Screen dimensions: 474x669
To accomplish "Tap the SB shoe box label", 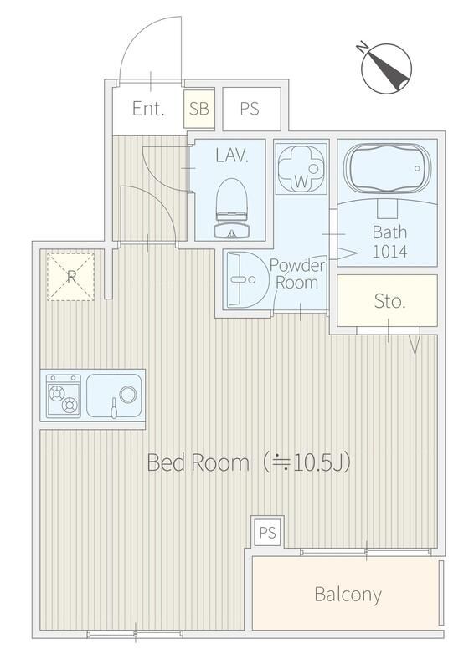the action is [x=199, y=109].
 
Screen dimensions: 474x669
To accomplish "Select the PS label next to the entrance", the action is [x=250, y=109].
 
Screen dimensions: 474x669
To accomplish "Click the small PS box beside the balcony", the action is [x=267, y=533].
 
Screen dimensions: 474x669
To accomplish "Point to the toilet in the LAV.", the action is [x=232, y=207].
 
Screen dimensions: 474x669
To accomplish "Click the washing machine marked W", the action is [x=301, y=169].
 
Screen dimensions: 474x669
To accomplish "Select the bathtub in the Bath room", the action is [x=387, y=169].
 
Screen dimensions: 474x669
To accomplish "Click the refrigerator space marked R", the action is [x=70, y=277].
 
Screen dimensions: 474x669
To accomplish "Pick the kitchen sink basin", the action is [x=114, y=396].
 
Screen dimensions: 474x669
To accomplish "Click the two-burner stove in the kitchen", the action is [x=64, y=396].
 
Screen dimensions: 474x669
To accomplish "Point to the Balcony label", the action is [x=348, y=595].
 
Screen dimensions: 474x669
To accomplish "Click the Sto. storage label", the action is [x=389, y=301].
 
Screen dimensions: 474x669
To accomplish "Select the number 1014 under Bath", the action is [x=389, y=252].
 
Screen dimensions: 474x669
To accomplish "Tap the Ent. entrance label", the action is [x=148, y=109].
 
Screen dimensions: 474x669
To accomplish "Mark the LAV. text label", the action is [x=232, y=155].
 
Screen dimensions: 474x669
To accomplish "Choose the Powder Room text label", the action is [x=297, y=274].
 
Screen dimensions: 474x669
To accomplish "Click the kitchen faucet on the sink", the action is [x=114, y=408].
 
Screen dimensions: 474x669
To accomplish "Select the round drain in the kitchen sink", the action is [x=128, y=394].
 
